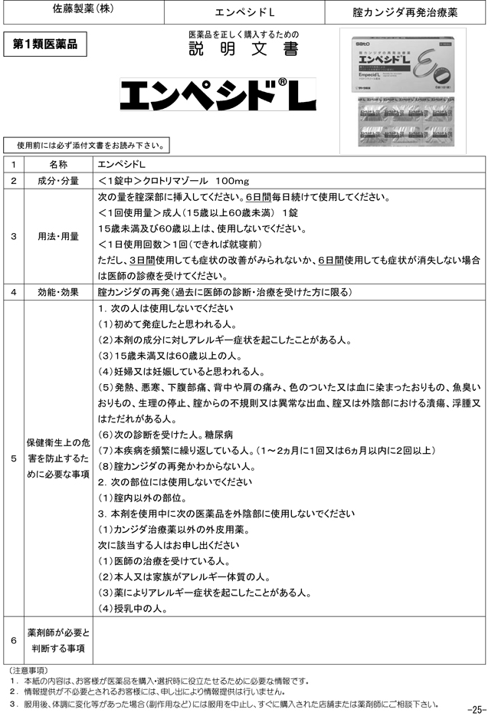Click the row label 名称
tap(57, 164)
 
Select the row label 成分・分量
tap(57, 180)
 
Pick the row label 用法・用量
tap(57, 236)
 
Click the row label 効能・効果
tap(57, 292)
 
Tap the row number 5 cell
tap(13, 458)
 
